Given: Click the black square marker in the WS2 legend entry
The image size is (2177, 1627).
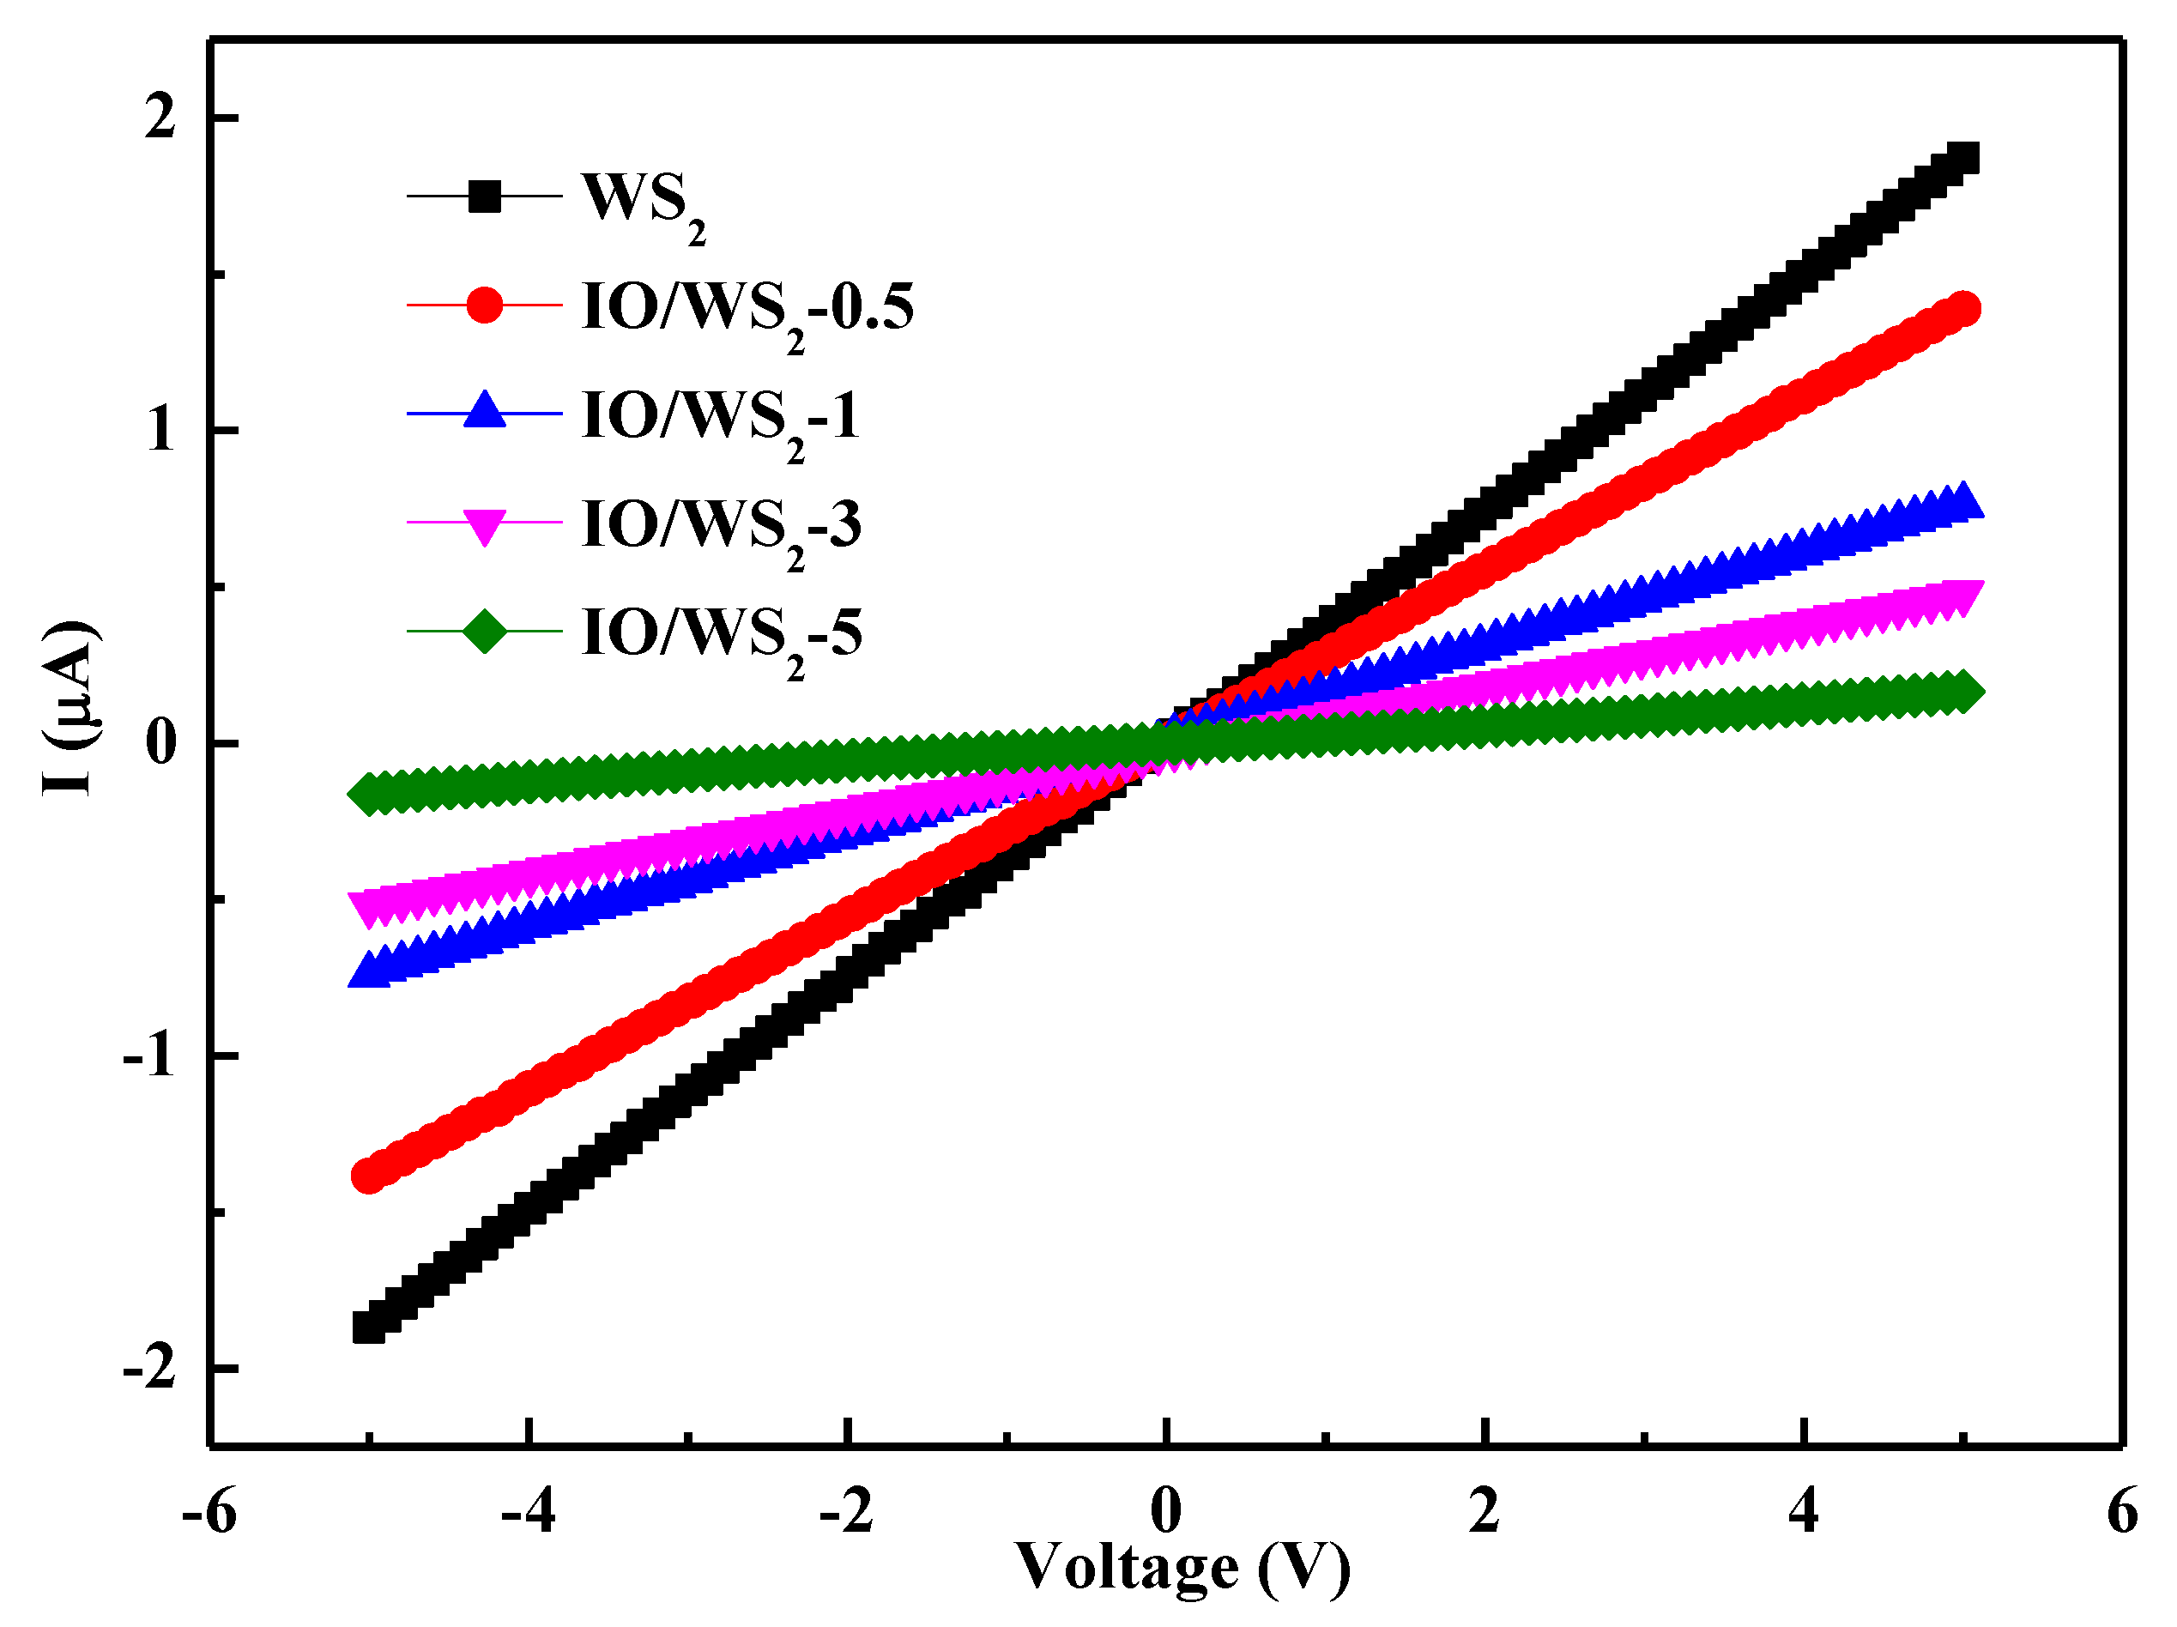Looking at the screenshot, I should coord(483,197).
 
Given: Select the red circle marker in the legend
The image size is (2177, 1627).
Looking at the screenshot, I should coord(483,305).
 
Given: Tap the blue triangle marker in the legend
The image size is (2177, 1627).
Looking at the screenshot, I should coord(483,410).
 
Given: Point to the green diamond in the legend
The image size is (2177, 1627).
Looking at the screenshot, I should coord(483,631).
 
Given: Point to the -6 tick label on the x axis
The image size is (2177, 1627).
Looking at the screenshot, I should coord(209,1511).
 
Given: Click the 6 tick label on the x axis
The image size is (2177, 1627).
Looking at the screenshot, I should coord(2123,1511).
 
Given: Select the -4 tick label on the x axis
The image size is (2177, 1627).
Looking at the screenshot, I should coord(528,1511).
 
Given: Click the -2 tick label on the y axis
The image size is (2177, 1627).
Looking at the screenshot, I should coord(149,1368).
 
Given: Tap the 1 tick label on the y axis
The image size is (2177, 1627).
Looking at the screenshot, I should coord(160,430).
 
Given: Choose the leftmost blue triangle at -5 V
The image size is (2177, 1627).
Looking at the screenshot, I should coord(368,970).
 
